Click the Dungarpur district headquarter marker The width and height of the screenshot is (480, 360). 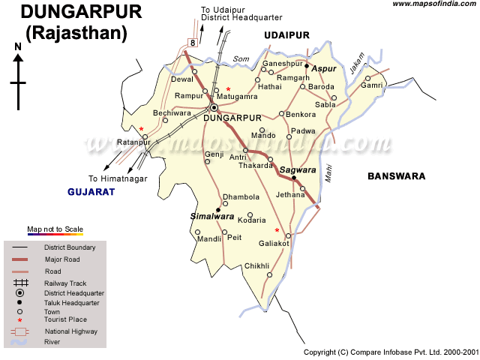point(214,107)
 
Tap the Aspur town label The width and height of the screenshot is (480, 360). point(324,69)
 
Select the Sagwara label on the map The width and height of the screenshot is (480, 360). point(298,170)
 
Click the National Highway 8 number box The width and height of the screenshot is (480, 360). point(193,43)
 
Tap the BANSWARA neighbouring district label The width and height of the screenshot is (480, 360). point(396,176)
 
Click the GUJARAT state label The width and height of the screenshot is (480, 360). point(91,192)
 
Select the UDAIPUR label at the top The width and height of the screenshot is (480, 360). point(286,35)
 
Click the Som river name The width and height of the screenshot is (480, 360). point(240,59)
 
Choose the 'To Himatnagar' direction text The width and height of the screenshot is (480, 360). point(118,178)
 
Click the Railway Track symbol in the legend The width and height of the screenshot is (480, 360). point(20,283)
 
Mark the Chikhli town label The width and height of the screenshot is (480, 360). point(256,266)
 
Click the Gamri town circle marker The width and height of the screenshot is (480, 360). point(367,78)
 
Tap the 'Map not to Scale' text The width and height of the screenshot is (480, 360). point(55,229)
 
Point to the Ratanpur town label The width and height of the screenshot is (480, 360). point(133,142)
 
